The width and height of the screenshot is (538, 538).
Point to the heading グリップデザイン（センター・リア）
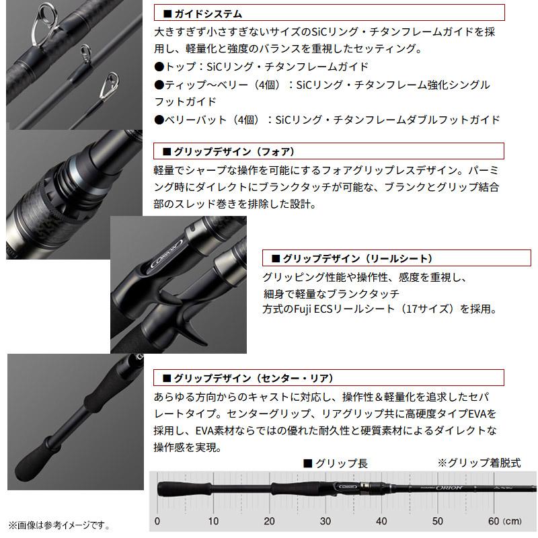[x=253, y=377]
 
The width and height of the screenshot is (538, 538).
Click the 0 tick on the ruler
[x=157, y=521]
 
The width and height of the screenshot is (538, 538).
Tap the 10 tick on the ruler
[x=213, y=521]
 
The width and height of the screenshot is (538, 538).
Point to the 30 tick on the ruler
[x=325, y=521]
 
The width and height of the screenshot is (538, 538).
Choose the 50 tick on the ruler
[x=437, y=521]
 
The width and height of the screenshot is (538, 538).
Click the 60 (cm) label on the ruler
[x=500, y=521]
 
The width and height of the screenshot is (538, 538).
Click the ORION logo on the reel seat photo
[x=161, y=258]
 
